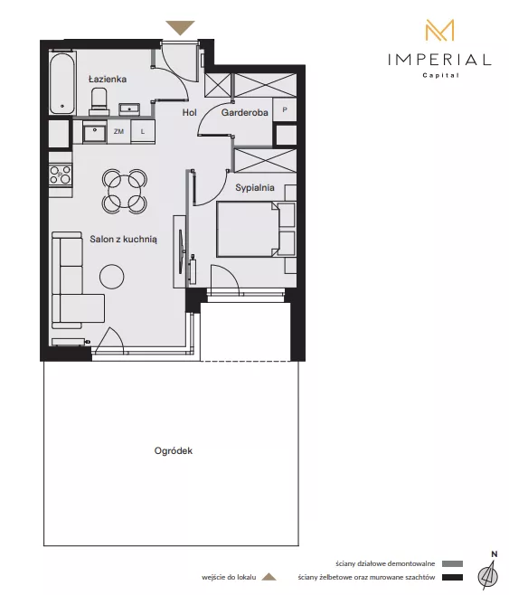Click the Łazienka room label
tap(108, 79)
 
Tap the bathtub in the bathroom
tap(62, 82)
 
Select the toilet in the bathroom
tap(99, 101)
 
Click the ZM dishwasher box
tap(118, 131)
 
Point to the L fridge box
tap(143, 131)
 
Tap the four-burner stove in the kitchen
tap(61, 175)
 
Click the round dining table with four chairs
tap(125, 191)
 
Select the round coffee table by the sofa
tap(112, 277)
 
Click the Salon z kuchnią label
tap(123, 239)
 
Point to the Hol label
tap(189, 112)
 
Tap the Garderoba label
tap(245, 112)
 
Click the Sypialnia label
tap(255, 187)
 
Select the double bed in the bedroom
tap(256, 229)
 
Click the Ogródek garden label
tap(174, 451)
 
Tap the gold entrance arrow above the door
tap(180, 28)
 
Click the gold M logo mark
tap(439, 30)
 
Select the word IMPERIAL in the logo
tap(439, 60)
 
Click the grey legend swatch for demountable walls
tap(452, 564)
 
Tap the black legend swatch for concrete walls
tap(452, 578)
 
